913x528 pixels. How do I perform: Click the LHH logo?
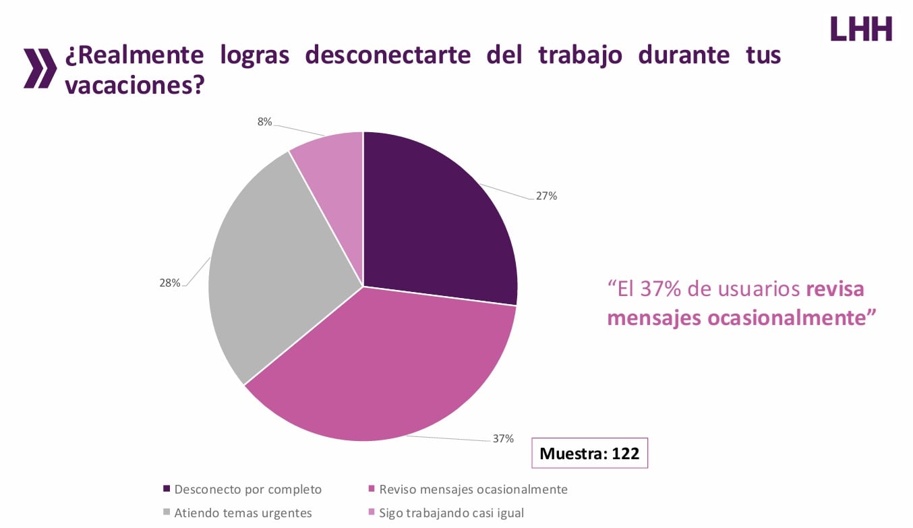click(861, 28)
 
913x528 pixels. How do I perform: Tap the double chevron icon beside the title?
click(40, 68)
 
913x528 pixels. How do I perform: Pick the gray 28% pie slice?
click(270, 270)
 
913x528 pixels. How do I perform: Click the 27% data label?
click(546, 196)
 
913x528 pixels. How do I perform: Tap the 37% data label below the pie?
click(503, 438)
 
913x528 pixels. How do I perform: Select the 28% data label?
click(170, 283)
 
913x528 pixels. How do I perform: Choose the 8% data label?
click(264, 122)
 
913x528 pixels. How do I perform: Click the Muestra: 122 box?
click(589, 453)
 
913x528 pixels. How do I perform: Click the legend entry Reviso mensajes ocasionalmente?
click(473, 489)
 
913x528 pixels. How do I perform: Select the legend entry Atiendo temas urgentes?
click(243, 512)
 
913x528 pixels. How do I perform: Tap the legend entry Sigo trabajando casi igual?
click(451, 512)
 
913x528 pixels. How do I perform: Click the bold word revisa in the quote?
click(835, 289)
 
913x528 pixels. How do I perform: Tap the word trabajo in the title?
click(577, 55)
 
